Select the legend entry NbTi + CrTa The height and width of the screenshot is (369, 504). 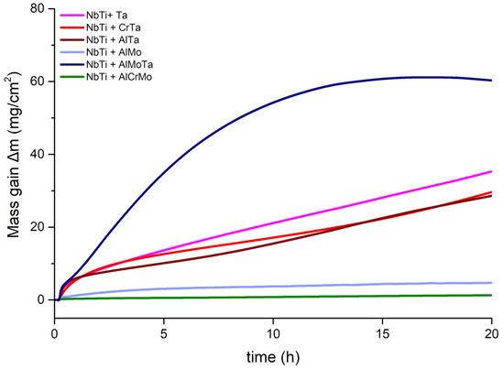[112, 28]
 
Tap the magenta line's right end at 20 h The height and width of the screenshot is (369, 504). [491, 171]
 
